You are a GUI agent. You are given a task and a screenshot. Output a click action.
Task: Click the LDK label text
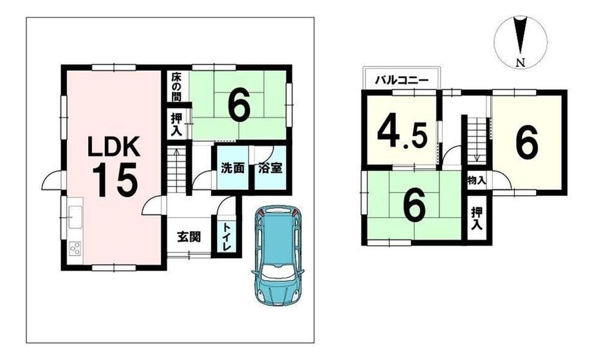[x=114, y=146]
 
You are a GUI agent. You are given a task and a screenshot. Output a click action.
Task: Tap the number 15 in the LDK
[x=115, y=180]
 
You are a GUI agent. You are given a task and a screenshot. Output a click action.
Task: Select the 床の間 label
[x=176, y=87]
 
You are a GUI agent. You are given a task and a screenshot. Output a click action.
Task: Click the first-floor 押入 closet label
[x=176, y=124]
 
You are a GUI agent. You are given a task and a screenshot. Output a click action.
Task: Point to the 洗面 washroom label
[x=232, y=168]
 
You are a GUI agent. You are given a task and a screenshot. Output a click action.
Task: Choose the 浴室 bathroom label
[x=270, y=168]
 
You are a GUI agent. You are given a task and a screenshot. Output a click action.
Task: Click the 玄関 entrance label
[x=189, y=237]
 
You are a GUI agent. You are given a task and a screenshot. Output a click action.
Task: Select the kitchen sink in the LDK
[x=75, y=217]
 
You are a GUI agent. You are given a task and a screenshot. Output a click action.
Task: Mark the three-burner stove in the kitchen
[x=75, y=248]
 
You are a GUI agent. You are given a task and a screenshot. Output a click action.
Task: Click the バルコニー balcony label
[x=402, y=81]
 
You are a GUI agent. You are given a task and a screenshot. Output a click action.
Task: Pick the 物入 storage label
[x=476, y=180]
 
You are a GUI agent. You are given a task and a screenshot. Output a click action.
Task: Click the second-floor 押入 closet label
[x=477, y=218]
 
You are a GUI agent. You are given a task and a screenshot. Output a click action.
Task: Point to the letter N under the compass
[x=521, y=62]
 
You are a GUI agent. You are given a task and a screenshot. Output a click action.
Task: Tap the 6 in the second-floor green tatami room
[x=414, y=205]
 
